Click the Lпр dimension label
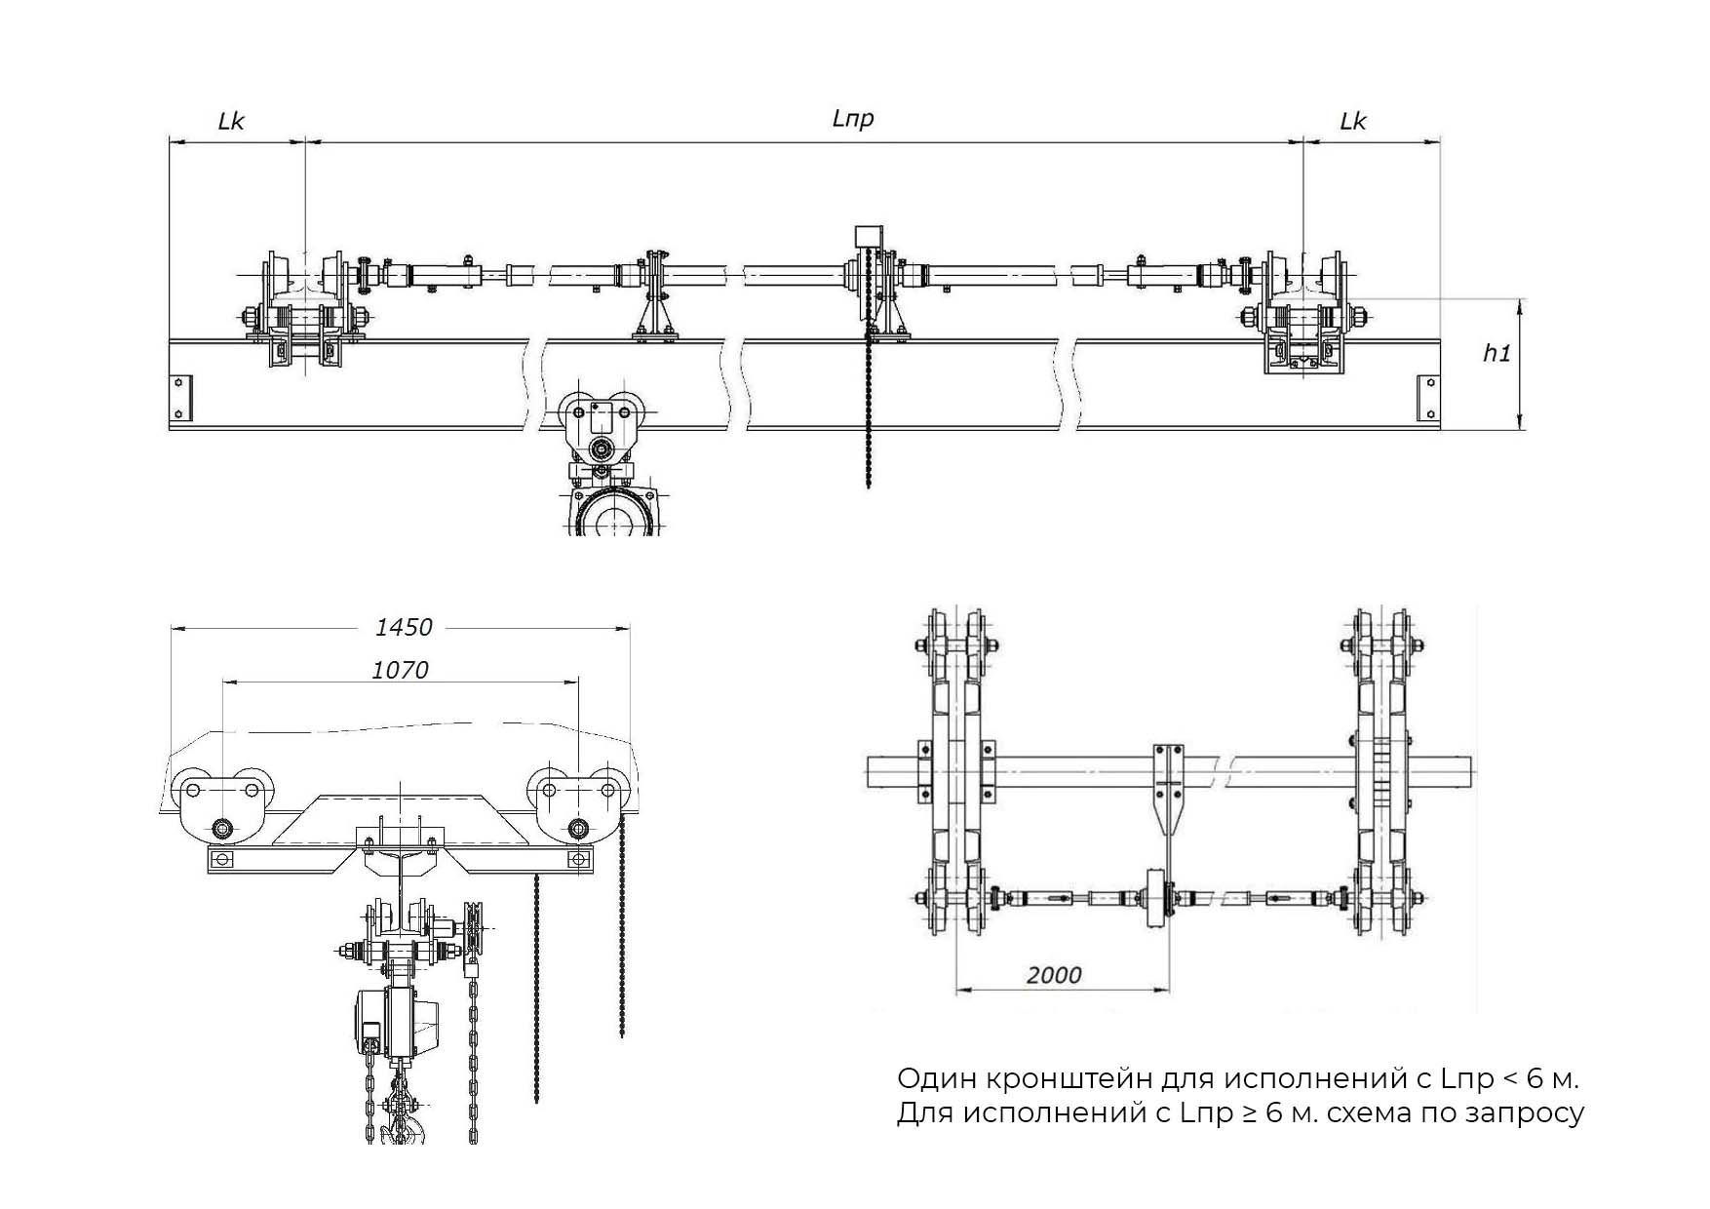[x=852, y=119]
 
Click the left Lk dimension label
[x=231, y=121]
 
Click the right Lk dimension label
[x=1352, y=121]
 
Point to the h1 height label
[x=1496, y=353]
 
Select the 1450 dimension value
[x=404, y=627]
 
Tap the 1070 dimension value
[x=400, y=670]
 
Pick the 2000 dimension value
[x=1054, y=975]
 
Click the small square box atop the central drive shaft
[x=868, y=237]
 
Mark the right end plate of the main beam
[x=1428, y=398]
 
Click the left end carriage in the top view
[x=303, y=308]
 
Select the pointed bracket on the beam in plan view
[x=1168, y=790]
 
